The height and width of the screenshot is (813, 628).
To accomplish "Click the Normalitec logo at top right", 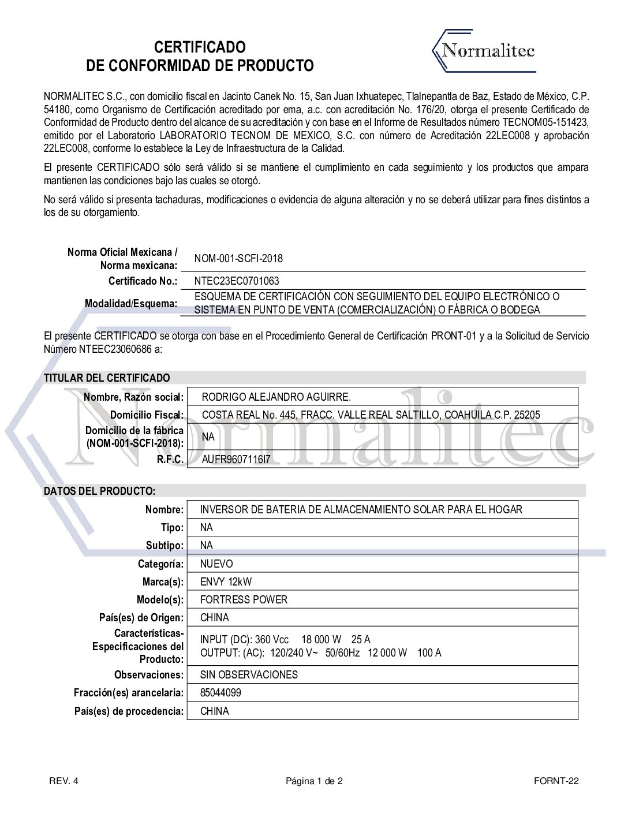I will pyautogui.click(x=484, y=51).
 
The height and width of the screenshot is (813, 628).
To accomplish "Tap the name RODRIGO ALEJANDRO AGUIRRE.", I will pyautogui.click(x=276, y=397).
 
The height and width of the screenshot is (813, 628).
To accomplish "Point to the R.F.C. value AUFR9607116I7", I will pyautogui.click(x=235, y=460).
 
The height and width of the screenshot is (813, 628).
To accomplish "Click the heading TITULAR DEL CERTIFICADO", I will pyautogui.click(x=107, y=378).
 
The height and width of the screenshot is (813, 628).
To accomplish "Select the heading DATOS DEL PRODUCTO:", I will pyautogui.click(x=100, y=491).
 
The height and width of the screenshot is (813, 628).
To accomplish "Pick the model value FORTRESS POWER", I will pyautogui.click(x=244, y=599).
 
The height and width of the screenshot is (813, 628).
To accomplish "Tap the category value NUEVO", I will pyautogui.click(x=216, y=564).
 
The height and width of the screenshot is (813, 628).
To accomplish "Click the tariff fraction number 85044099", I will pyautogui.click(x=220, y=693).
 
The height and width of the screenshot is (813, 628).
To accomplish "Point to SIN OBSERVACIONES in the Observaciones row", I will pyautogui.click(x=249, y=674).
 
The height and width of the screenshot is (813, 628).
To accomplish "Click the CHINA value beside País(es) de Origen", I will pyautogui.click(x=214, y=617).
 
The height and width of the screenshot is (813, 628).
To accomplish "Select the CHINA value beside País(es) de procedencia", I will pyautogui.click(x=214, y=711).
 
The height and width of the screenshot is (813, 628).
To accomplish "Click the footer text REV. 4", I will pyautogui.click(x=63, y=782).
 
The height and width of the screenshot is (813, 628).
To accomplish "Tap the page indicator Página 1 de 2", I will pyautogui.click(x=315, y=782).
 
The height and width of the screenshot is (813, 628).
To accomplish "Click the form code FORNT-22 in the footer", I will pyautogui.click(x=556, y=782).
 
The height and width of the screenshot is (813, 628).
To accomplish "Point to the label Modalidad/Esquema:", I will pyautogui.click(x=131, y=303).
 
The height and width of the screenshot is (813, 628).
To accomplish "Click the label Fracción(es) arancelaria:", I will pyautogui.click(x=129, y=693).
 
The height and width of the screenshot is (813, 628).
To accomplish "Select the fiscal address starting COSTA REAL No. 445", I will pyautogui.click(x=371, y=415).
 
